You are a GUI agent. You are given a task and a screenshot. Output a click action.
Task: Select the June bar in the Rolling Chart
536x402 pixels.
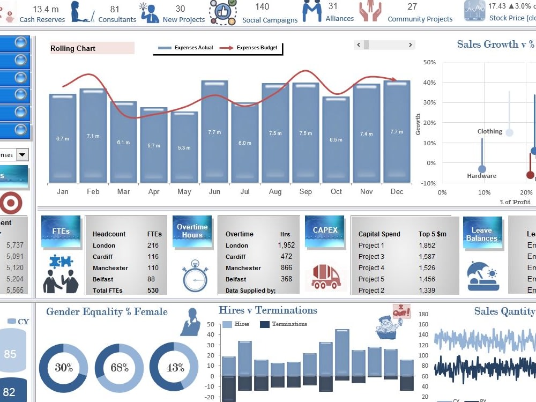click(214, 132)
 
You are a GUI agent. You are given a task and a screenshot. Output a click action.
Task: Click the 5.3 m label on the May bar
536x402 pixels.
click(184, 147)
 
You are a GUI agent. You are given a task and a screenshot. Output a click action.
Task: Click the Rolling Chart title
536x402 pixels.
click(73, 48)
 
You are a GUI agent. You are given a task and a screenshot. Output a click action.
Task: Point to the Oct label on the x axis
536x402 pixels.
click(336, 191)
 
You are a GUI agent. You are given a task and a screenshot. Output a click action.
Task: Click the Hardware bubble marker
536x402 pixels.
click(482, 169)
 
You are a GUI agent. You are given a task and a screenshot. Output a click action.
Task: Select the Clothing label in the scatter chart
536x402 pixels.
click(489, 131)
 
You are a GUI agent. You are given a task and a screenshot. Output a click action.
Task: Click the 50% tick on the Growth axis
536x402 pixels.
click(429, 62)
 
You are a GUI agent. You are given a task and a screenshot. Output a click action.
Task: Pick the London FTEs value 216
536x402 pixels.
click(153, 245)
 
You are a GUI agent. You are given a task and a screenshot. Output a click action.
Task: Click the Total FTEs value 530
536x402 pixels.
click(153, 291)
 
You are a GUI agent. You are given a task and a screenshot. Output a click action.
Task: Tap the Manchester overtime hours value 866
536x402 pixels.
click(286, 268)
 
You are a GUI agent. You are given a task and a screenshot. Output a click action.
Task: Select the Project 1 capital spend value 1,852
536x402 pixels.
click(427, 245)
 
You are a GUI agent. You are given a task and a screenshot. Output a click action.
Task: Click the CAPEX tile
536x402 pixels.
click(325, 230)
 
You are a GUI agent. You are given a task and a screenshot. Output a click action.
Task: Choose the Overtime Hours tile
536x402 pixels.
click(192, 231)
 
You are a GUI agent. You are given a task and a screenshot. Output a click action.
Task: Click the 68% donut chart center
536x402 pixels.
click(119, 368)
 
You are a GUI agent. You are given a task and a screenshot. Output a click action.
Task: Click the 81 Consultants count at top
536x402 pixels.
click(115, 9)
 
